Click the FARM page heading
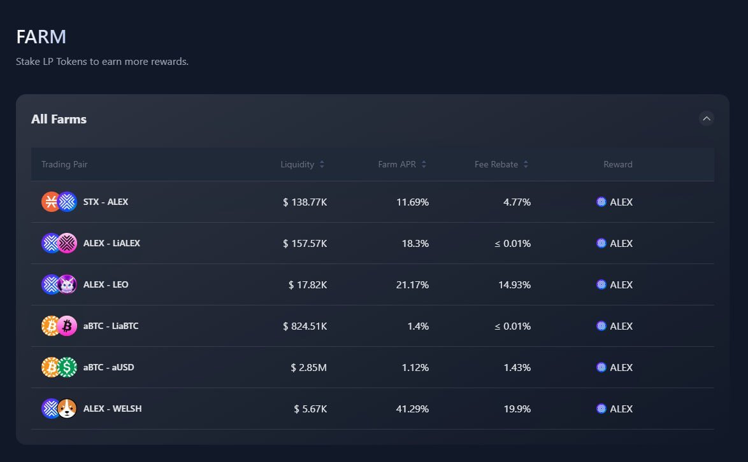[41, 36]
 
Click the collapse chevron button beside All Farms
[706, 118]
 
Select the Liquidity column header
[298, 164]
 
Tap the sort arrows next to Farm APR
[424, 164]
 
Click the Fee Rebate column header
[496, 164]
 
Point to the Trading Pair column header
[64, 164]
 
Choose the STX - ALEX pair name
[106, 202]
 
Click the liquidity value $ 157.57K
[305, 243]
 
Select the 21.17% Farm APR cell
[412, 284]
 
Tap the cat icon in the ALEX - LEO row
[67, 284]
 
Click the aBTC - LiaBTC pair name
[111, 326]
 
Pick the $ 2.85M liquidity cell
[308, 367]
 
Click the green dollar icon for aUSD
[67, 367]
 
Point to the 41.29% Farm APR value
[412, 409]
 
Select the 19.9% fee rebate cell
[517, 409]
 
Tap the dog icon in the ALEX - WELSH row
[67, 409]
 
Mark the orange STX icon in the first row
[50, 202]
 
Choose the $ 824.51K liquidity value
[305, 326]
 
